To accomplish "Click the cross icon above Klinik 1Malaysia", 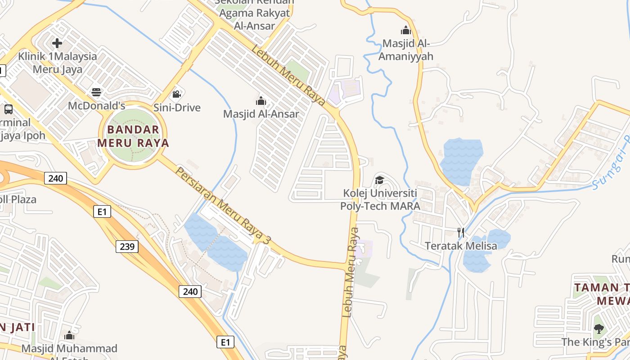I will (x=57, y=43).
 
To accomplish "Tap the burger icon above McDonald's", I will (x=96, y=92).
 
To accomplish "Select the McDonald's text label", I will (x=96, y=106).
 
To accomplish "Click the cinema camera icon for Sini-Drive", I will (x=177, y=94).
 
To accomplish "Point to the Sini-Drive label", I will (x=177, y=108).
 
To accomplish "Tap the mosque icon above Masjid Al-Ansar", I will (x=261, y=100).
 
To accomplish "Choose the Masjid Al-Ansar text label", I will (x=261, y=114).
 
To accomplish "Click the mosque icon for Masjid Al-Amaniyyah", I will (x=406, y=30).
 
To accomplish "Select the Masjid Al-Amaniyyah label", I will (x=406, y=50).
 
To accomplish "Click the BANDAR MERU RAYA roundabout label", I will (x=133, y=136).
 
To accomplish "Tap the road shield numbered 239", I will (x=127, y=246).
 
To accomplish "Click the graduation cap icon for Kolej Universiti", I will (x=380, y=180).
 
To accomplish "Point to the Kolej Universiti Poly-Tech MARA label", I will (x=380, y=200).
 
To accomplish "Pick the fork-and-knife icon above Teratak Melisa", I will (x=461, y=232).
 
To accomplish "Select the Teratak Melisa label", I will (x=461, y=246).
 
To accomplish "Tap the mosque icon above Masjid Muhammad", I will (x=69, y=335).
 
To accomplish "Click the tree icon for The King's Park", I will (x=598, y=329).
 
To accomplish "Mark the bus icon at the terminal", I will (x=8, y=109).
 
